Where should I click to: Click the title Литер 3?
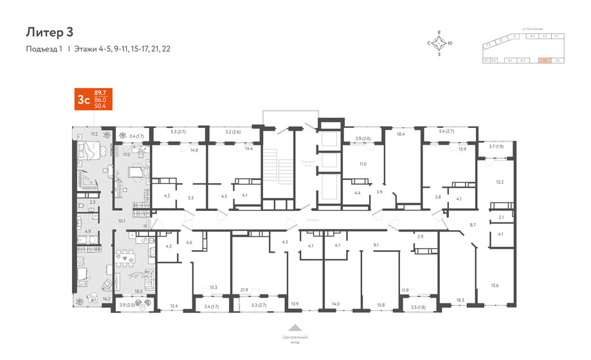coord(49,32)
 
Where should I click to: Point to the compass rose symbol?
coord(439,43)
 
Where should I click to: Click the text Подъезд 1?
coord(44,49)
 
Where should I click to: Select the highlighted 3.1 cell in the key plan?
coord(545,60)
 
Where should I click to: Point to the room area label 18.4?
coord(400,135)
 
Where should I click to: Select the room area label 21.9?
coord(244,290)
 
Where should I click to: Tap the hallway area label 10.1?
coord(122,221)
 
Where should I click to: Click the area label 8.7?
coord(473,224)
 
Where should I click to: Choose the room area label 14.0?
coord(336,303)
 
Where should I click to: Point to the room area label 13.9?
coord(295,303)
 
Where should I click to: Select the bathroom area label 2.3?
coord(92,203)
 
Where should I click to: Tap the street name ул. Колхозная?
coord(533,29)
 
